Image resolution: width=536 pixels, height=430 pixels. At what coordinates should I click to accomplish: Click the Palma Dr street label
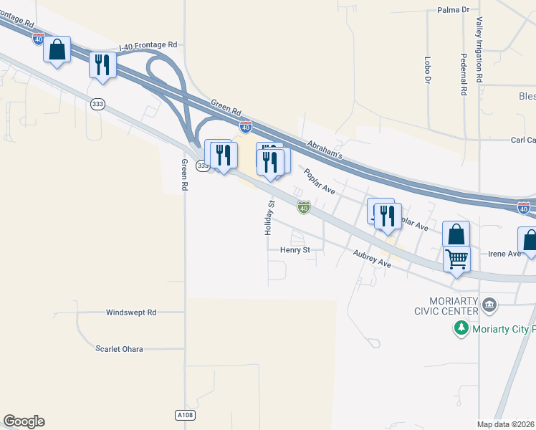point(452,10)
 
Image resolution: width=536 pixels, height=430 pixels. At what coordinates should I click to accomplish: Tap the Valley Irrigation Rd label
point(479,49)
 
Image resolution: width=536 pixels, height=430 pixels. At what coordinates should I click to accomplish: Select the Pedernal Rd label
point(464,75)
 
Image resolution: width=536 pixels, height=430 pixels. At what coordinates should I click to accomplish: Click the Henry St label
point(295,250)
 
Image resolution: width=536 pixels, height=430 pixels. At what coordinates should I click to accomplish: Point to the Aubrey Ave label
point(372,259)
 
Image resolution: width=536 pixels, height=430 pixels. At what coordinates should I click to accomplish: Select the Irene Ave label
point(504,254)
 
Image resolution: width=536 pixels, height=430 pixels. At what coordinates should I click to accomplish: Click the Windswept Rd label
point(131,312)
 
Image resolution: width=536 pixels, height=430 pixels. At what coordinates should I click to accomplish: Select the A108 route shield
point(185,415)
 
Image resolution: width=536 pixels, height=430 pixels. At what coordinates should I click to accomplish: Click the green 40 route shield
point(304,208)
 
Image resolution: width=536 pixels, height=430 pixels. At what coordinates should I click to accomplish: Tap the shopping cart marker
point(456,258)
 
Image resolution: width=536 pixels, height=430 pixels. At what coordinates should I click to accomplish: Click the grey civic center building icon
point(489,306)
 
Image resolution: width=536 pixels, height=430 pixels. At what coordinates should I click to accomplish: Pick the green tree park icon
point(461,328)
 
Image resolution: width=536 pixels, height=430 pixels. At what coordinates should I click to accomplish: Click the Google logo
point(24,421)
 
